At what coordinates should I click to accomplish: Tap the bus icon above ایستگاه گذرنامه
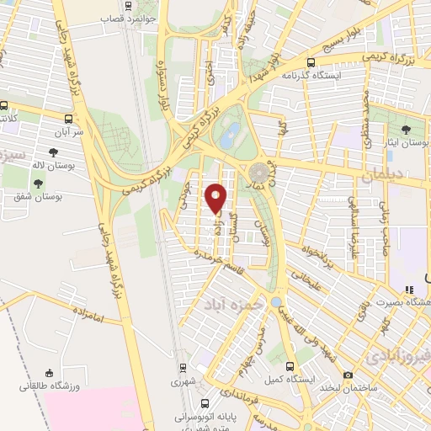pyautogui.click(x=311, y=61)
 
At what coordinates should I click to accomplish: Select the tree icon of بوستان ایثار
pyautogui.click(x=407, y=129)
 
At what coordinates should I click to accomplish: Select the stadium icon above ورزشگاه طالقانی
pyautogui.click(x=50, y=374)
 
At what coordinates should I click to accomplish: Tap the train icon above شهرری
pyautogui.click(x=182, y=368)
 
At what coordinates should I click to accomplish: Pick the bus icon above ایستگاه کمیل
pyautogui.click(x=290, y=366)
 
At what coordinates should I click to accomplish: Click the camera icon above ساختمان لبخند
pyautogui.click(x=348, y=375)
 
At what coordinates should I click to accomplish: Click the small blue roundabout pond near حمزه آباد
pyautogui.click(x=276, y=301)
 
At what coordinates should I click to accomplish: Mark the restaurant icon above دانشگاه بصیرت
pyautogui.click(x=410, y=290)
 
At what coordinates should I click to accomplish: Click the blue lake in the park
pyautogui.click(x=231, y=132)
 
